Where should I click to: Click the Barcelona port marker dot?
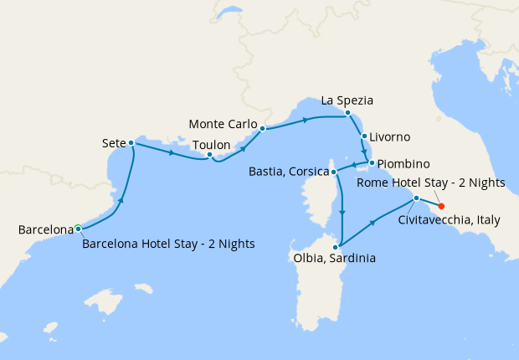[x=78, y=228]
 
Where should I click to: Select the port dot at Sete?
[x=131, y=143]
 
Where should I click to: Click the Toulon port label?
[x=211, y=145]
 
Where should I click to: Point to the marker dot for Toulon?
[x=209, y=155]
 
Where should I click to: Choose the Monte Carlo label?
[x=223, y=124]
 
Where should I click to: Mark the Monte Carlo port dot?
[x=263, y=129]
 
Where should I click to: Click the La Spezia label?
[x=347, y=100]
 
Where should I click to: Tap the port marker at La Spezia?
[x=347, y=112]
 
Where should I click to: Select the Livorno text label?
[x=392, y=136]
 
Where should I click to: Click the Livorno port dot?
[x=364, y=136]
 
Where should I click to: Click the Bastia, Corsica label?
[x=289, y=172]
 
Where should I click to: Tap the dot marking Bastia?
[x=335, y=172]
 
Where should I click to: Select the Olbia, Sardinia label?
[x=333, y=258]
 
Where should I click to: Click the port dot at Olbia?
[x=335, y=246]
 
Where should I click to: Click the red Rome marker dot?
[x=441, y=206]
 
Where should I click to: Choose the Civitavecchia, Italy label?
[x=449, y=220]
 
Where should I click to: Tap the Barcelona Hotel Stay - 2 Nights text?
[x=168, y=244]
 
